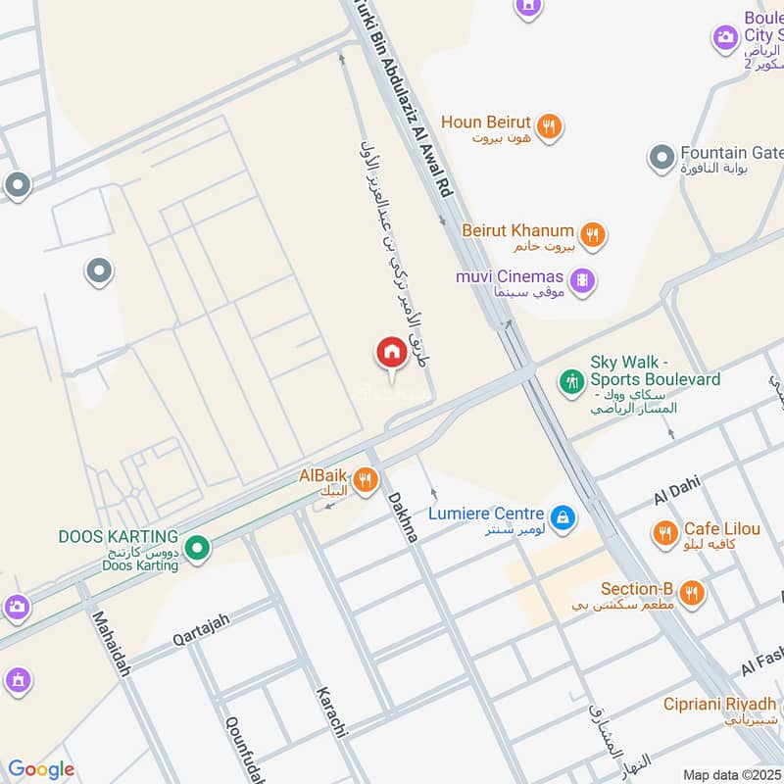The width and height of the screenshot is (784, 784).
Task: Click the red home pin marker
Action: (391, 352)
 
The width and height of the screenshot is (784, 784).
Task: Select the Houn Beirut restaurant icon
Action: (549, 124)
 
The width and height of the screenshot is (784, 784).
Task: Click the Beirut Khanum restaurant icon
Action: (591, 234)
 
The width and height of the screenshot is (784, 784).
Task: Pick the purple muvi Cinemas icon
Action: (583, 280)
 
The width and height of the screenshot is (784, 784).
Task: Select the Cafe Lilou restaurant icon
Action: (665, 532)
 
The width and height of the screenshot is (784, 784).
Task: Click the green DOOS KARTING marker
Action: (197, 548)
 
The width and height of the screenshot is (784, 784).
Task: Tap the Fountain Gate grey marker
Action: (662, 156)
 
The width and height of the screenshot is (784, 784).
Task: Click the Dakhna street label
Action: (402, 514)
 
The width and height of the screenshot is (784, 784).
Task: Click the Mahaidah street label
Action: (109, 644)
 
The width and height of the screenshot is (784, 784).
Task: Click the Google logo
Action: (41, 769)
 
